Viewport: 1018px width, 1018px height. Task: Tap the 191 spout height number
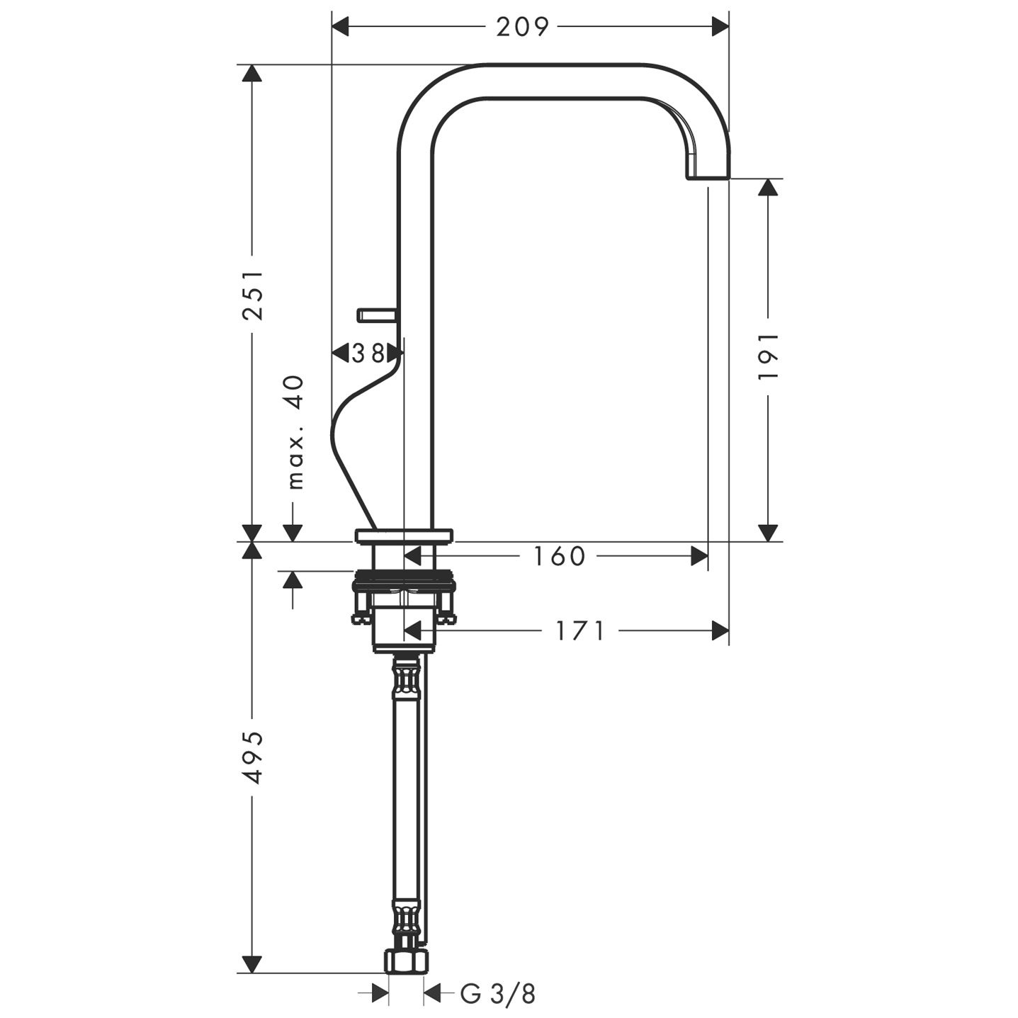[x=768, y=356]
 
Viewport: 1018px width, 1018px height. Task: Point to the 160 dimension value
[x=559, y=556]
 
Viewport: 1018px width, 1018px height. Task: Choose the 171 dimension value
[x=579, y=630]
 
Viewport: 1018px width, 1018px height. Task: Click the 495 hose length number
[x=252, y=758]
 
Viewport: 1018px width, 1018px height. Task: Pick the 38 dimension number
[x=368, y=354]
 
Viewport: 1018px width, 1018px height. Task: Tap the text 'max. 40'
[x=296, y=432]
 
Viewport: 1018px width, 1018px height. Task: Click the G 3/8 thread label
[x=497, y=994]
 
